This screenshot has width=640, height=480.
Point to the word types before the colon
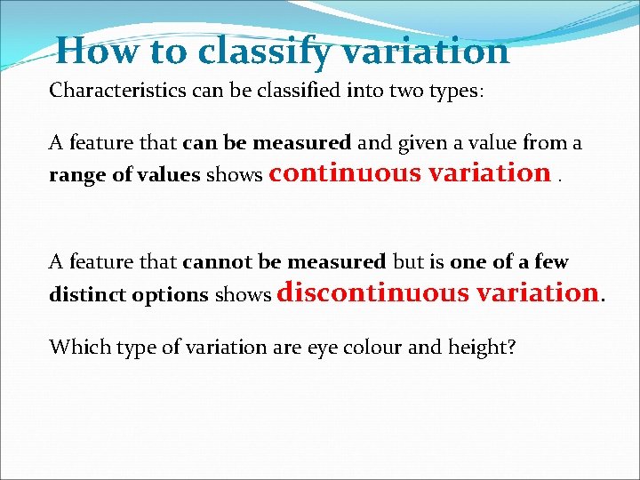tap(448, 91)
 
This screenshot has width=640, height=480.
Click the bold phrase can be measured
tap(267, 142)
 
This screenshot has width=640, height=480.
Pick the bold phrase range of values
tap(124, 175)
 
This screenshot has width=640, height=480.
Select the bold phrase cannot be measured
tap(284, 261)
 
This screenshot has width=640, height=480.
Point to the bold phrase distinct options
tap(128, 294)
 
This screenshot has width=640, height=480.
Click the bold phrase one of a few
tap(508, 261)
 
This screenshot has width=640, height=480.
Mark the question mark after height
tap(510, 346)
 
